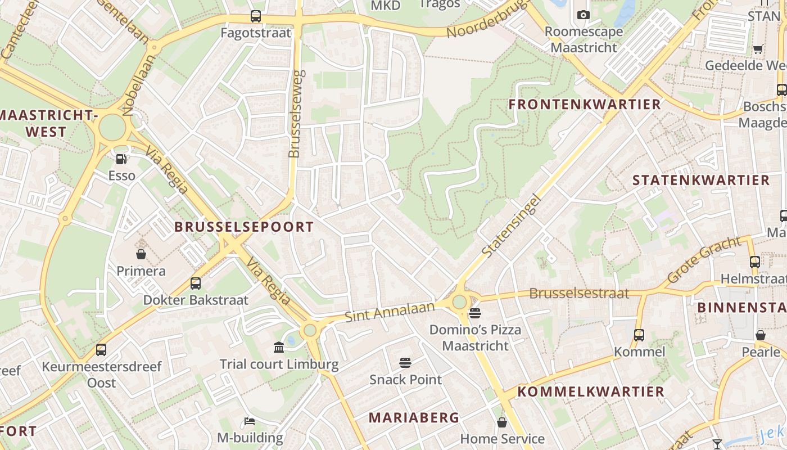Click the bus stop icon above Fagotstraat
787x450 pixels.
(x=256, y=16)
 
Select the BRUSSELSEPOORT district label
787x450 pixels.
(x=244, y=227)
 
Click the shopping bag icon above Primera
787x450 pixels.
(x=141, y=254)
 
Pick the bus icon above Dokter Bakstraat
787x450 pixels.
(x=196, y=283)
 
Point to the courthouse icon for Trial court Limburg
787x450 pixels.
(x=279, y=346)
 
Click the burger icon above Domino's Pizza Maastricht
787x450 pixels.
(x=475, y=313)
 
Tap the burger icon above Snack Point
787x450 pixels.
(x=405, y=363)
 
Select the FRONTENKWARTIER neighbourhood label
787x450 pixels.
(x=585, y=104)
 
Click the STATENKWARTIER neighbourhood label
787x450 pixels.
(x=701, y=180)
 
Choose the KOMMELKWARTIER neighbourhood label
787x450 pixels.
(x=591, y=391)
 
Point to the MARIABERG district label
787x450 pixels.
(x=414, y=417)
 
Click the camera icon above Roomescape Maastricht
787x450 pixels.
(x=584, y=15)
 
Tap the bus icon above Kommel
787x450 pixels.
(x=639, y=335)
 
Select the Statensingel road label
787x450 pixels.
(x=512, y=226)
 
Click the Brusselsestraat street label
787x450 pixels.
(x=579, y=294)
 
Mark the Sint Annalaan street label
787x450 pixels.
(x=390, y=311)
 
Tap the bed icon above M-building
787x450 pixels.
(x=250, y=421)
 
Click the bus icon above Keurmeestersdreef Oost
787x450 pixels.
(x=101, y=350)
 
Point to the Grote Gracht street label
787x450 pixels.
(x=704, y=260)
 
